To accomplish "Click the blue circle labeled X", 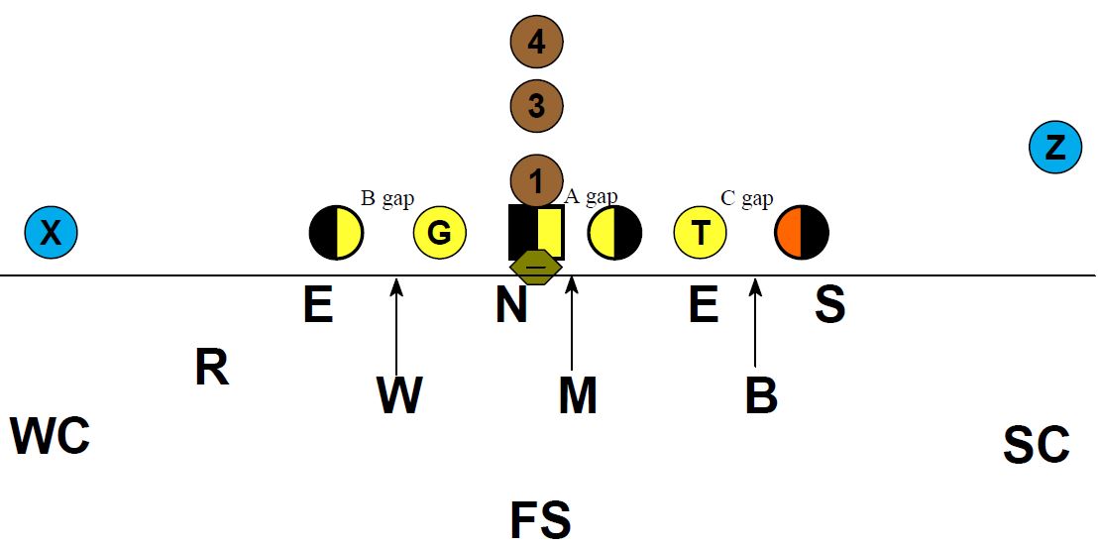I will click(51, 233).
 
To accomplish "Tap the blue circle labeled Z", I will click(1055, 148).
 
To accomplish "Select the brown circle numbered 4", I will click(536, 42).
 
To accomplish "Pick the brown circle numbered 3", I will click(536, 105).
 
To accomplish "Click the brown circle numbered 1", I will click(536, 180).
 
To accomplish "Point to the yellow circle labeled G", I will click(439, 233).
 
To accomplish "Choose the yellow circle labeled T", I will click(701, 233).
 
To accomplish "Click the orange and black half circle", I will click(802, 233).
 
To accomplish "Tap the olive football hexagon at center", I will click(536, 267).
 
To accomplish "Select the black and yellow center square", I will click(536, 231).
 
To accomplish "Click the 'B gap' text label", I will click(386, 199).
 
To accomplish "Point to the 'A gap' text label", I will click(591, 196).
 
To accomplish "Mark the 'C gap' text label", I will click(746, 199).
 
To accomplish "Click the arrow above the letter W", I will click(396, 327).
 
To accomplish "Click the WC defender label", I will click(51, 436).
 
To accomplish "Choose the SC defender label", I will click(1036, 446).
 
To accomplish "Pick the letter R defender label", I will click(211, 369).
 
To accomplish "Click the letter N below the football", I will click(511, 306).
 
